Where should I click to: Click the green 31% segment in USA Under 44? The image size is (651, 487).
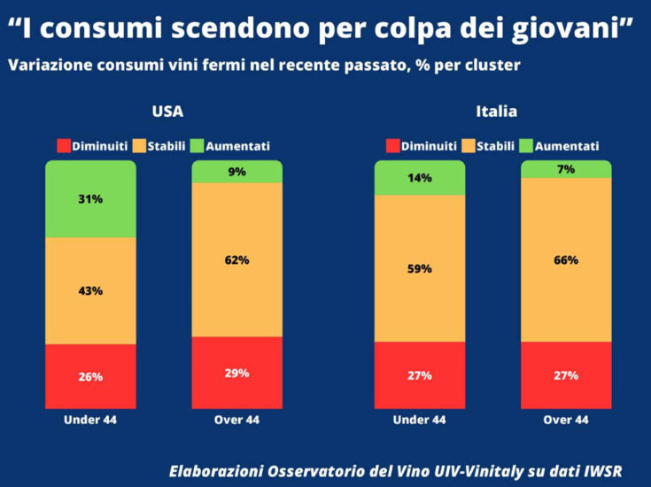coord(90,199)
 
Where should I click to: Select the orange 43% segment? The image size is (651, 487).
coord(90,290)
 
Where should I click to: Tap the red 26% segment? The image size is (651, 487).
coord(90,376)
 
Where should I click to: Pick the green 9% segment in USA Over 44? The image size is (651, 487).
coord(236,172)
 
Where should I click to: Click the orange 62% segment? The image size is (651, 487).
coord(236,260)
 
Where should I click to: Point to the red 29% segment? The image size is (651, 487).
coord(236,373)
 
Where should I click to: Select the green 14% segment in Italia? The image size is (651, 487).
coord(420,178)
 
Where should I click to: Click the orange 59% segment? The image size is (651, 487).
coord(420,267)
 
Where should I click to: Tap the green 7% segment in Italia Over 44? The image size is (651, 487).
coord(566,169)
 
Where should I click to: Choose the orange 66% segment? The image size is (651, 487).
coord(566,259)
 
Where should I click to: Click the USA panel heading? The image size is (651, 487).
coord(168,112)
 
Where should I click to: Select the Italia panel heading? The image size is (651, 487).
coord(496,112)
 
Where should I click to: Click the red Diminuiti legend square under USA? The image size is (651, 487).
coord(63,145)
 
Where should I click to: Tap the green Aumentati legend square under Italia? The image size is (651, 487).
coord(526,145)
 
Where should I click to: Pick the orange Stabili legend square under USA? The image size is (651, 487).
coord(140,145)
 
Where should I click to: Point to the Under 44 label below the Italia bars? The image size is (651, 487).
coord(420,420)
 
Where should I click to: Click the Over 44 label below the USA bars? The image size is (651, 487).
coord(236,420)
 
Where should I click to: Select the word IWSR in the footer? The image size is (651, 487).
coord(601,470)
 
